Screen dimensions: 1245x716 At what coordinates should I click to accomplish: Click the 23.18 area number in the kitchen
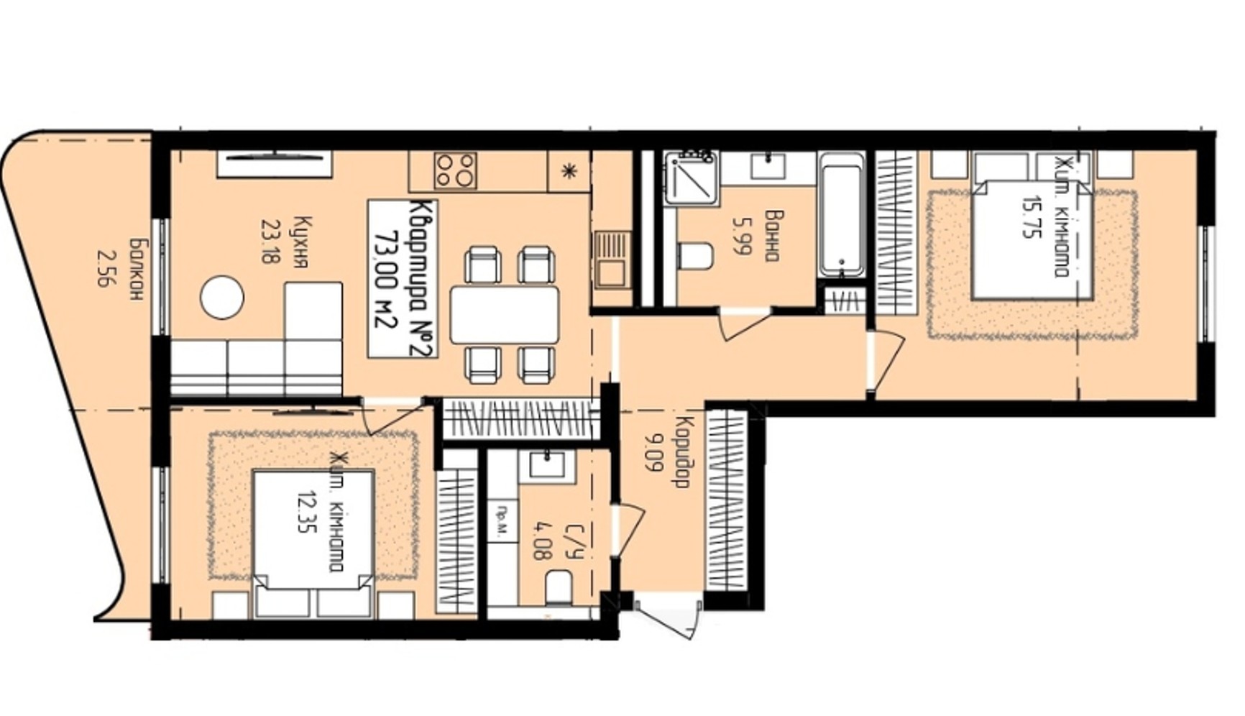coord(270,242)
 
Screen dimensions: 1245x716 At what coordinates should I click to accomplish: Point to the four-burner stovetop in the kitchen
coord(456,170)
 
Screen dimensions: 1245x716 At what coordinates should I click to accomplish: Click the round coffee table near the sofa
coord(222,298)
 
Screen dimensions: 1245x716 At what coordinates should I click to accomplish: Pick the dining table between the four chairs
coord(505,314)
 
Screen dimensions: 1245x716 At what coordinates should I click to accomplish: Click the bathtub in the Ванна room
coord(842,214)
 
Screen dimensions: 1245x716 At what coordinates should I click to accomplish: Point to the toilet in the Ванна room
coord(695,257)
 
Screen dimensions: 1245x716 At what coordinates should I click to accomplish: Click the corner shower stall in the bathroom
coord(691,178)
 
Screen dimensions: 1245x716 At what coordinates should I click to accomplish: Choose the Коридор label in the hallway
coord(683,453)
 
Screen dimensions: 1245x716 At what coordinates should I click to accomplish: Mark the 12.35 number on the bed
coord(308,511)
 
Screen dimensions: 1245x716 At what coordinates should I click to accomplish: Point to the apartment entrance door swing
coord(667,617)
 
